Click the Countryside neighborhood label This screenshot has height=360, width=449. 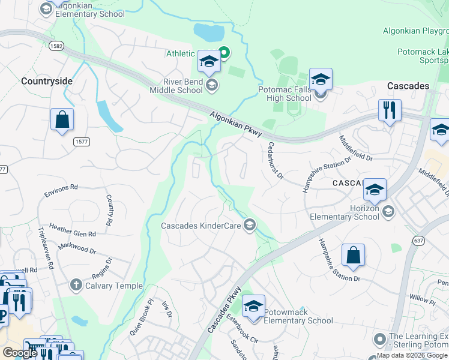click(x=47, y=81)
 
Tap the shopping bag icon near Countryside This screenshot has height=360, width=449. click(x=62, y=120)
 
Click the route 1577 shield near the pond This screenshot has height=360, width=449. click(x=82, y=142)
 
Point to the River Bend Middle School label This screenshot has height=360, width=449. click(x=175, y=86)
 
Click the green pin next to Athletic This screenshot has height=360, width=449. click(x=224, y=53)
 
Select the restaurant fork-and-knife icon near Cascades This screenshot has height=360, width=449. click(x=390, y=110)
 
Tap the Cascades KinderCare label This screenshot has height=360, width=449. click(x=200, y=226)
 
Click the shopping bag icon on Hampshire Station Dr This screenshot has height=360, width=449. click(x=353, y=256)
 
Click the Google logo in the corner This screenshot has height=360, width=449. click(x=20, y=353)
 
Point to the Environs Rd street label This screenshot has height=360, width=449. click(x=61, y=190)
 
